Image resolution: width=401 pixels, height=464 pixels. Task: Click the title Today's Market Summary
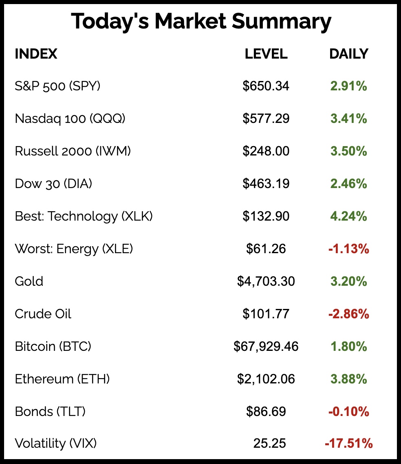point(200,22)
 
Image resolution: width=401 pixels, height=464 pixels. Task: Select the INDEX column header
point(36,54)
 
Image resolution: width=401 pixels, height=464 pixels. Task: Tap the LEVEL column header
point(266,54)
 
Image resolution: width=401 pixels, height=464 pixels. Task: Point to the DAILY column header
point(348,54)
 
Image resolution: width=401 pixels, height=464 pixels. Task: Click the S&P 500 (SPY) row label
point(57,86)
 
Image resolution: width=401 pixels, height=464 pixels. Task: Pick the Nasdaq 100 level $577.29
point(266,119)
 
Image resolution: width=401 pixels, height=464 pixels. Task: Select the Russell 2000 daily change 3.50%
point(348,151)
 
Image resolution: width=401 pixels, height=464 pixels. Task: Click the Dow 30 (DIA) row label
point(53,184)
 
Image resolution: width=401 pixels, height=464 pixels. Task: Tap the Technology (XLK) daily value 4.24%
point(348,217)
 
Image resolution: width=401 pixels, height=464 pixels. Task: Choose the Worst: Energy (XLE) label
point(74,249)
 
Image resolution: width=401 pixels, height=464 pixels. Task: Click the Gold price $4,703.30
point(266,281)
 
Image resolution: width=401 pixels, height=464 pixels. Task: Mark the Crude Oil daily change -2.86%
point(348,314)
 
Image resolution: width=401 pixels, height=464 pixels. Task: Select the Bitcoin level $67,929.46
point(266,346)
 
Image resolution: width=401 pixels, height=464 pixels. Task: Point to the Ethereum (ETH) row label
point(62,379)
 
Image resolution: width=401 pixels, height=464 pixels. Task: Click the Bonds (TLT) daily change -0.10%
point(348,411)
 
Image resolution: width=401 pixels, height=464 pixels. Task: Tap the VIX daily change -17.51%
point(348,443)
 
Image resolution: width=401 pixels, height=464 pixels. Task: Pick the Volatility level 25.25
point(269,443)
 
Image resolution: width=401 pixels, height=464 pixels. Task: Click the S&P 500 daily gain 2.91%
point(348,86)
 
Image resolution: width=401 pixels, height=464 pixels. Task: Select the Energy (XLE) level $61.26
point(266,249)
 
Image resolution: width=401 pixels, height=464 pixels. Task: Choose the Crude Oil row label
point(43,314)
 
